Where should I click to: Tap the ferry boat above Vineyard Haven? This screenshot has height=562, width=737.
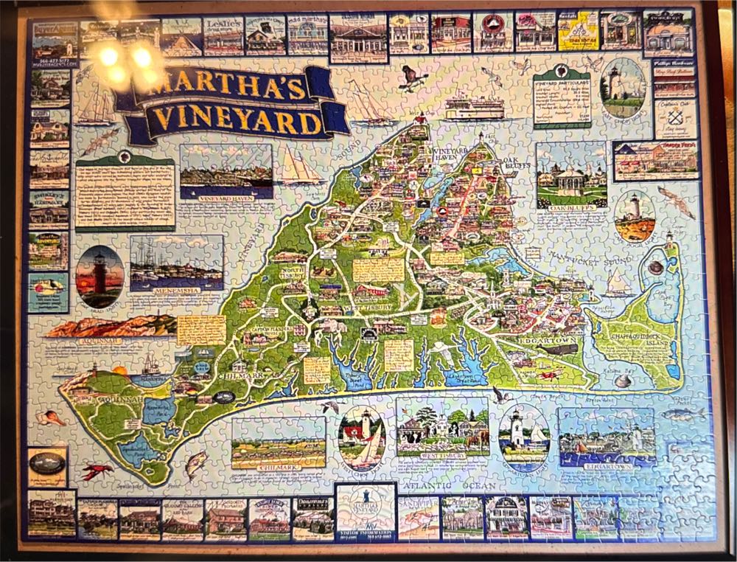(x=474, y=108)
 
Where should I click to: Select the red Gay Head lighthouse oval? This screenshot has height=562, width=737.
(x=99, y=277)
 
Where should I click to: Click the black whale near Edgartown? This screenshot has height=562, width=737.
(x=565, y=350)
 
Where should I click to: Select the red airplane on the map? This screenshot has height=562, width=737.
(x=548, y=375)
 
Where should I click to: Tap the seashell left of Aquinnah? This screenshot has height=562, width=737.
(x=50, y=418)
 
